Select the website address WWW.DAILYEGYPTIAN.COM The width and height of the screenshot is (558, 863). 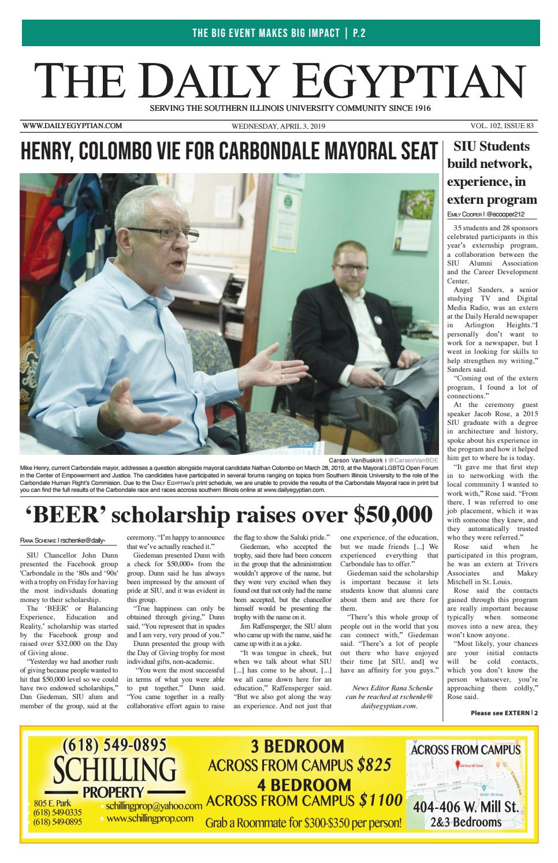tap(72, 126)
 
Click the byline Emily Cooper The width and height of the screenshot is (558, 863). tap(465, 214)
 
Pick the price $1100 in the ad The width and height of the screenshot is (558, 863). tap(381, 801)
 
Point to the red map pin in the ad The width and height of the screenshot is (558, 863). tap(457, 765)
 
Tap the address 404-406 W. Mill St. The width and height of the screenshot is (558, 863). tap(466, 807)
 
